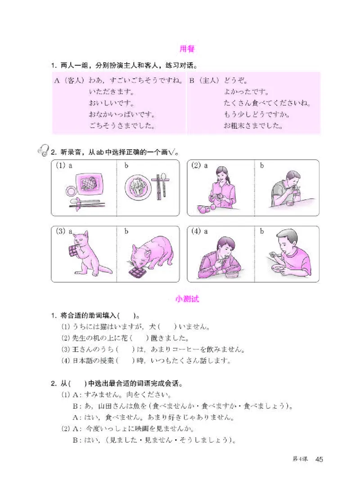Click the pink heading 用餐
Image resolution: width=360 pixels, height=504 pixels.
(186, 49)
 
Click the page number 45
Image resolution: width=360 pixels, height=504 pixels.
(319, 459)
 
